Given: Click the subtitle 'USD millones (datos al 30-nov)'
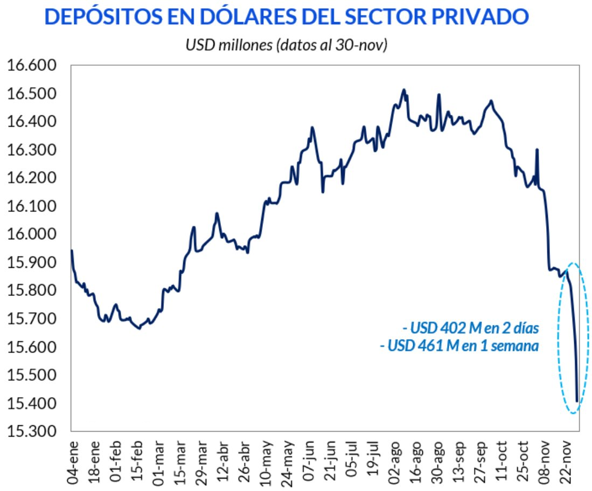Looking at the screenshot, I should point(287,45).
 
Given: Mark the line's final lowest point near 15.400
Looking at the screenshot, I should point(577,401).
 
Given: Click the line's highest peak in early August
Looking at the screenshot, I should point(403,90).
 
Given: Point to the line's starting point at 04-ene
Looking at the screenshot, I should point(72,251).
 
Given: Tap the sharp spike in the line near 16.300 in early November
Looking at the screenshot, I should point(537,150).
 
